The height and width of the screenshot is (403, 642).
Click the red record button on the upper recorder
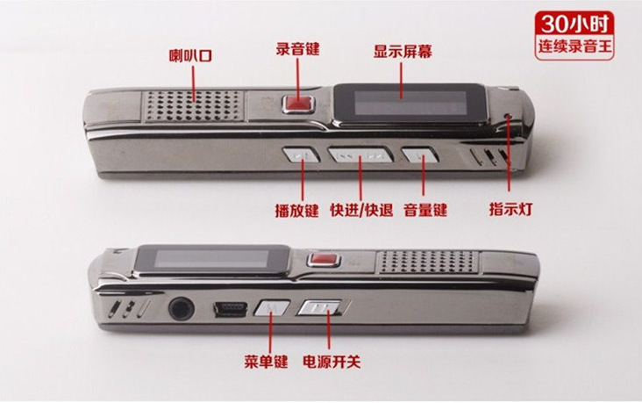coord(298,104)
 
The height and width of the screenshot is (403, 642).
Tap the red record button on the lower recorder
coord(325,260)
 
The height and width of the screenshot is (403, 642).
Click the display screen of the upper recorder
coord(410,103)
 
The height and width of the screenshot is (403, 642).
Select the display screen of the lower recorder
coord(211,260)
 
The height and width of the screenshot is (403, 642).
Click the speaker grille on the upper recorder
coord(194,105)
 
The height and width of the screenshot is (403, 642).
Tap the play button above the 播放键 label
coord(301,155)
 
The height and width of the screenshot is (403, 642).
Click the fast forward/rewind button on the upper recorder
coord(360,155)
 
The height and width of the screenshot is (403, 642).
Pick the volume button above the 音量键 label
coord(420,155)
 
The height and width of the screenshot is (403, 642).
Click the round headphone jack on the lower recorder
coord(181,308)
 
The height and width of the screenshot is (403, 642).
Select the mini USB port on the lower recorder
coord(231,310)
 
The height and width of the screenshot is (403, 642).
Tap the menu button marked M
coord(272,308)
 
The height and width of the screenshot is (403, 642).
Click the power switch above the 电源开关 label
coord(320,307)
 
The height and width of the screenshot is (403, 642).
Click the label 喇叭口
coord(191,55)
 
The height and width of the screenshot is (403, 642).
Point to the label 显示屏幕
coord(403,52)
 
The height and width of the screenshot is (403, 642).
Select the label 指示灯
coord(510,209)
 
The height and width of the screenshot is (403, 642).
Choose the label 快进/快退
coord(361,210)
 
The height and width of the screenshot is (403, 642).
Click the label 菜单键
coord(266,362)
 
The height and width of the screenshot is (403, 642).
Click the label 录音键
coord(297,49)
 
